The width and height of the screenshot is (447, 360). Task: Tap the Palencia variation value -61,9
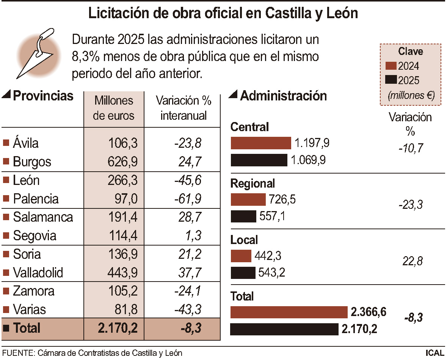[188, 199]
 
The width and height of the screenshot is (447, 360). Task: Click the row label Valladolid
[38, 272]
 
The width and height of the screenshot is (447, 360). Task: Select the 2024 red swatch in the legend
[391, 66]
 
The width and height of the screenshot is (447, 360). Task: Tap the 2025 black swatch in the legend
[391, 80]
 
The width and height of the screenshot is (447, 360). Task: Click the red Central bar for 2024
[261, 143]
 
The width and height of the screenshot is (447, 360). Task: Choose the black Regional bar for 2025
[243, 216]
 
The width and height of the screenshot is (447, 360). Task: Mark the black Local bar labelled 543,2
[243, 273]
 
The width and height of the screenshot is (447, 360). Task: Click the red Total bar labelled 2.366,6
[289, 312]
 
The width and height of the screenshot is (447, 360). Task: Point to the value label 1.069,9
[308, 160]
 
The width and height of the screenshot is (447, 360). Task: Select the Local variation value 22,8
[410, 261]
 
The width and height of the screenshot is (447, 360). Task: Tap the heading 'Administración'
[283, 96]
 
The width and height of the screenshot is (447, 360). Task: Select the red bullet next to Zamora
[6, 291]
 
